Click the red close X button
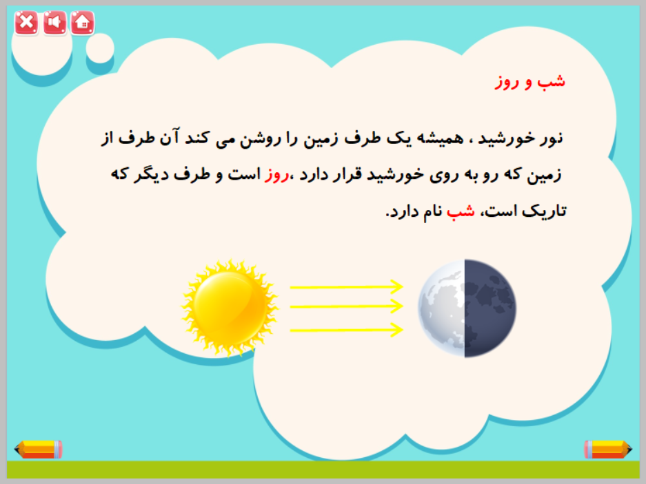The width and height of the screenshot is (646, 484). pyautogui.click(x=26, y=22)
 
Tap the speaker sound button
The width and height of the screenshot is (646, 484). pyautogui.click(x=54, y=22)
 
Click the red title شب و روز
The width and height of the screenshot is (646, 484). pyautogui.click(x=529, y=81)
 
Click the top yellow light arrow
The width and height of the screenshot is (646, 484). pyautogui.click(x=347, y=286)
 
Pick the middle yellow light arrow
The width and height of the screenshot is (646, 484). pyautogui.click(x=347, y=306)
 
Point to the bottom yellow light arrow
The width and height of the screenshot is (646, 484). pyautogui.click(x=347, y=330)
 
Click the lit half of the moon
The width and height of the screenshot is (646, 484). pyautogui.click(x=442, y=308)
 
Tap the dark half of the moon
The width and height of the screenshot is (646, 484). pyautogui.click(x=490, y=308)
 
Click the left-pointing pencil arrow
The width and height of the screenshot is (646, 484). pyautogui.click(x=39, y=450)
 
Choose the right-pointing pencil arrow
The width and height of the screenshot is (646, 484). pyautogui.click(x=607, y=450)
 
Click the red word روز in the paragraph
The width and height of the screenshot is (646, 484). pyautogui.click(x=276, y=175)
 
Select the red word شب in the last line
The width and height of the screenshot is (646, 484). pyautogui.click(x=461, y=211)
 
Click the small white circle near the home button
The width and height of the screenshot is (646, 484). pyautogui.click(x=100, y=49)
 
